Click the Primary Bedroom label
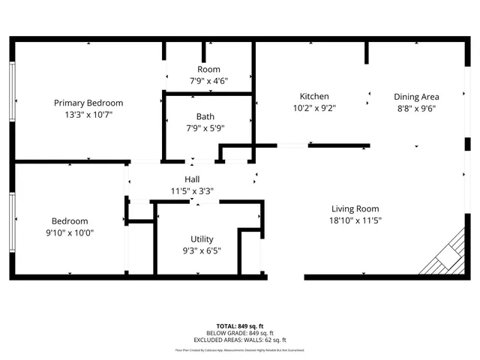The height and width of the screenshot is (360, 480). (x=88, y=103)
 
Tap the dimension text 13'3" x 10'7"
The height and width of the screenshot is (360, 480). (x=88, y=115)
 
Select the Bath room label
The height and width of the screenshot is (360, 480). (x=205, y=116)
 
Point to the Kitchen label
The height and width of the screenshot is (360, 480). (x=314, y=96)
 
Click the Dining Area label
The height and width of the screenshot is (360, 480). (x=416, y=96)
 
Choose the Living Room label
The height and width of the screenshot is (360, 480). (x=355, y=208)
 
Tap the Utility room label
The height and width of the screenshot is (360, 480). (x=202, y=239)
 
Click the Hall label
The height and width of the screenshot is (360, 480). (x=192, y=179)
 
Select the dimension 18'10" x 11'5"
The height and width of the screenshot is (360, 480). (x=355, y=220)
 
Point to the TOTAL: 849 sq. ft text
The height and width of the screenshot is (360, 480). (x=240, y=326)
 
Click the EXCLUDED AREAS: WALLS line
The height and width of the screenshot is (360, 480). (x=240, y=340)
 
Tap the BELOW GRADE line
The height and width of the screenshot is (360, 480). (x=240, y=333)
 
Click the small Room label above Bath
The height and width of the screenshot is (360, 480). (x=208, y=69)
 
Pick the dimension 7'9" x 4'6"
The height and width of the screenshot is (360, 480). (x=208, y=81)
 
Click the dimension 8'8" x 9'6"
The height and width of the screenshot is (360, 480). (x=416, y=108)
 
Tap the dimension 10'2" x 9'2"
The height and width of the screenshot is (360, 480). (x=314, y=108)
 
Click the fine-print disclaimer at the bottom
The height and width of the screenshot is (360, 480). (x=240, y=349)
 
